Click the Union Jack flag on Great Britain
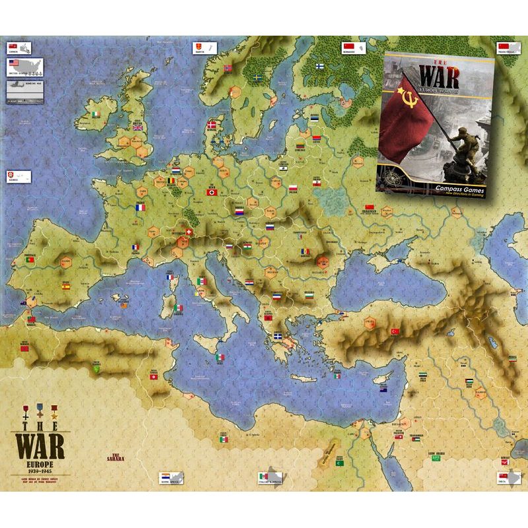tap(138, 127)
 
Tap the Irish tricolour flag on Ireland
tap(96, 114)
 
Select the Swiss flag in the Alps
tap(191, 233)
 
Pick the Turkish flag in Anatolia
tap(396, 331)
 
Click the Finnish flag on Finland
tap(319, 66)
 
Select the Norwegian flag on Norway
tap(228, 68)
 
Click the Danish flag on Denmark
tap(212, 125)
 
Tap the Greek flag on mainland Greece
tap(279, 337)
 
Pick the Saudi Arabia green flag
tap(340, 463)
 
